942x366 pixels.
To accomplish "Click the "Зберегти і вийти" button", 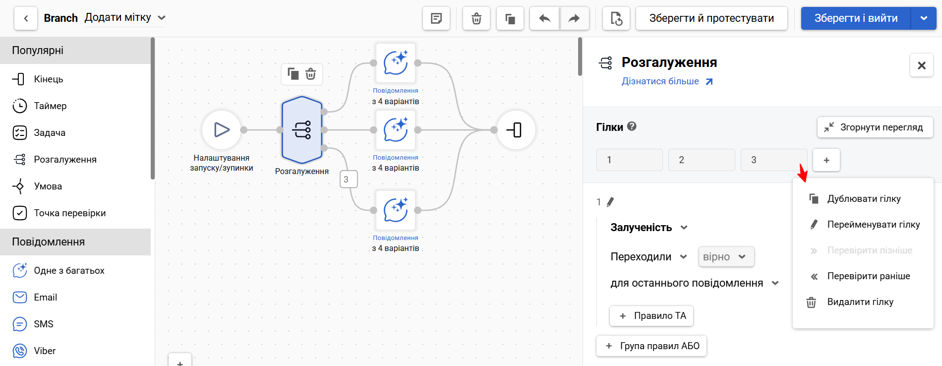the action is (x=856, y=18).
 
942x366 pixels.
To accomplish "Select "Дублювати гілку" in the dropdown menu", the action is (x=863, y=198).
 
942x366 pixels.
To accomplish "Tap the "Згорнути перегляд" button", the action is (x=875, y=127).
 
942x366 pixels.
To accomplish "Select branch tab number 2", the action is (x=702, y=160).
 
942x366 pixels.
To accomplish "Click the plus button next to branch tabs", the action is (x=826, y=160).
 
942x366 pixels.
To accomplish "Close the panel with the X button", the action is (x=922, y=65).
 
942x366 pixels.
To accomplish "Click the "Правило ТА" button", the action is (x=651, y=316).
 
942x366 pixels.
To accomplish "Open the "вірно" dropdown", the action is (x=726, y=257).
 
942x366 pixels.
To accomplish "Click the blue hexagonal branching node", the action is (x=302, y=130).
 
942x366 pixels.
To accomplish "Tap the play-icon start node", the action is (x=222, y=130).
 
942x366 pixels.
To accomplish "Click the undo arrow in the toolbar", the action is (x=545, y=18).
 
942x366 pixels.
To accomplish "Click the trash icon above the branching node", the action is (x=311, y=74).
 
